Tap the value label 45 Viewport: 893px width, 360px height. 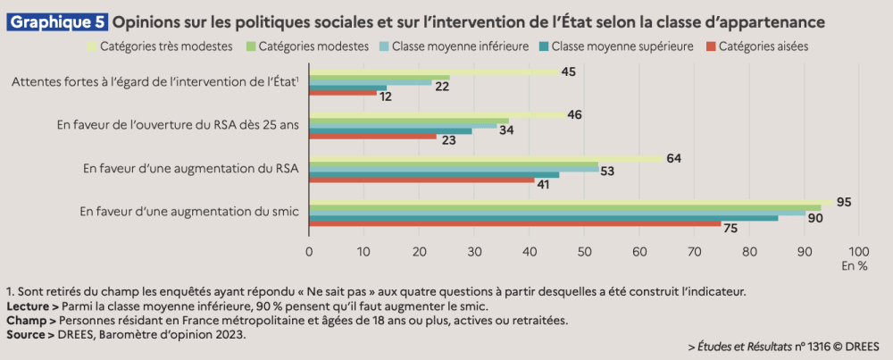tap(568, 71)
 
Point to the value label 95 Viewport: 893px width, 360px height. tap(843, 203)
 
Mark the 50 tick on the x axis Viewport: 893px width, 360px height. tap(584, 251)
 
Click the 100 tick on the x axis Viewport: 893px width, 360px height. tap(858, 251)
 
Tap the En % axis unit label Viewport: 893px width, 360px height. tap(855, 266)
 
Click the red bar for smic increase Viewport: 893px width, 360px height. tap(514, 224)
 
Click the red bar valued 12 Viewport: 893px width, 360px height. tap(342, 93)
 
